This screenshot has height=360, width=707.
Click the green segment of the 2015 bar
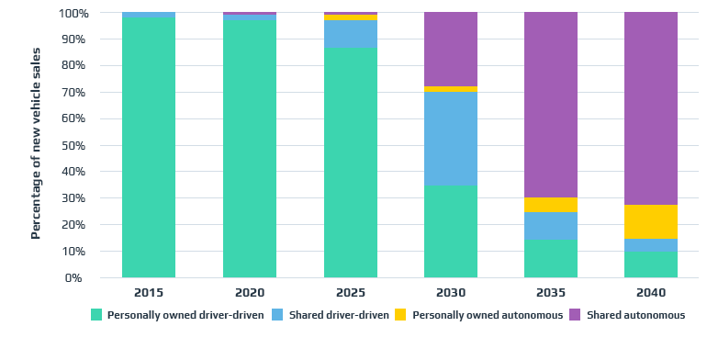(149, 147)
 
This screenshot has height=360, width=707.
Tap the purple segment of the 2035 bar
(551, 105)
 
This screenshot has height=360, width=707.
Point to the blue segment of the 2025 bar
(351, 34)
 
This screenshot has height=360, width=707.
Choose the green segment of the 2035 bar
(551, 259)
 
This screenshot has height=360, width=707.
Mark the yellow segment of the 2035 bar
(551, 205)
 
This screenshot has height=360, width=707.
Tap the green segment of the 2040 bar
(651, 264)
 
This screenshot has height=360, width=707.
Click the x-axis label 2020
(250, 293)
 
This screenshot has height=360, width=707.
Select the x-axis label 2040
(651, 293)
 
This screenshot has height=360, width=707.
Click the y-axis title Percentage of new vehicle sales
(36, 146)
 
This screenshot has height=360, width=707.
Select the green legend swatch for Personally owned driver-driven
(96, 315)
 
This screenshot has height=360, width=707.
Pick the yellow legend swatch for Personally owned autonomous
(401, 315)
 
